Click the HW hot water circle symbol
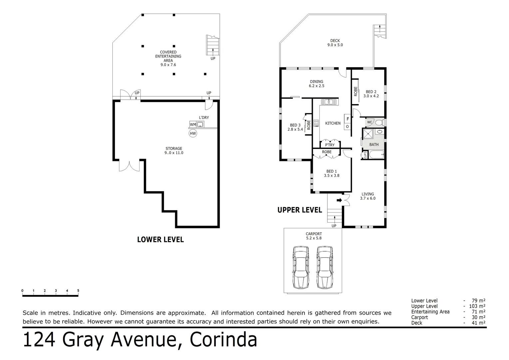(x=193, y=134)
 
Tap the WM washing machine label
(x=193, y=125)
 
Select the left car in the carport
(x=301, y=267)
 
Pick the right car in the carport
(x=325, y=267)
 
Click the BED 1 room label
(x=331, y=173)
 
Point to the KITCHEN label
(x=333, y=123)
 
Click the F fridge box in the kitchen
(x=347, y=119)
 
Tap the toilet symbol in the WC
(x=378, y=123)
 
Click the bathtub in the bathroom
(x=377, y=155)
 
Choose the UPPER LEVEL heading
(x=300, y=210)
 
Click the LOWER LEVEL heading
(x=161, y=239)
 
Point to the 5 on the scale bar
(x=78, y=291)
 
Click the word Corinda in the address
(x=224, y=340)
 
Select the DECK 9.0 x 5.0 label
(x=335, y=43)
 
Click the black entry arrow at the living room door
(x=339, y=200)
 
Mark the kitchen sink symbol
(x=329, y=102)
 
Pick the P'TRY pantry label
(x=329, y=145)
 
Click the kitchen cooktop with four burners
(x=316, y=123)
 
